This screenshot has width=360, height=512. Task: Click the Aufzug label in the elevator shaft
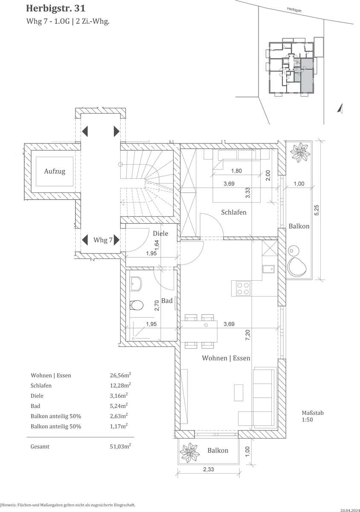coord(55,172)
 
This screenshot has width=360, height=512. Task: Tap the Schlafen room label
coord(234,212)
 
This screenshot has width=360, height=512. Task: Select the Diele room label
coord(160,233)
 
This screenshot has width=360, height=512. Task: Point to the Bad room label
coord(167,301)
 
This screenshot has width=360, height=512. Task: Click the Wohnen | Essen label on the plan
coord(226,358)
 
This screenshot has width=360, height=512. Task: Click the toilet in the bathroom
coord(136,305)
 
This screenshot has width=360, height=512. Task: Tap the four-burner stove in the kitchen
coord(243,288)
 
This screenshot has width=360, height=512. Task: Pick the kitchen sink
coord(268,269)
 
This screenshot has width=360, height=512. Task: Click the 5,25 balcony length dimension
coord(316,210)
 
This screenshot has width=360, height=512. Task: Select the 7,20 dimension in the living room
coord(248,335)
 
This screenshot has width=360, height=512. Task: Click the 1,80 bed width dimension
coord(236,171)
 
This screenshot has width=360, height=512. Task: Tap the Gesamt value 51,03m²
coord(120,446)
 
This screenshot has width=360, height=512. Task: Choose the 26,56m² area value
coord(120,375)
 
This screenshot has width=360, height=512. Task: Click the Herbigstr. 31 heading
coord(56,9)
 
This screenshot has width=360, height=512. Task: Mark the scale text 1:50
coord(307,420)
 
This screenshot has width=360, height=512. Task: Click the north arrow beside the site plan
coord(340,108)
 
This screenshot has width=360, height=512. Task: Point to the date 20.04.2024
coord(350,510)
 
